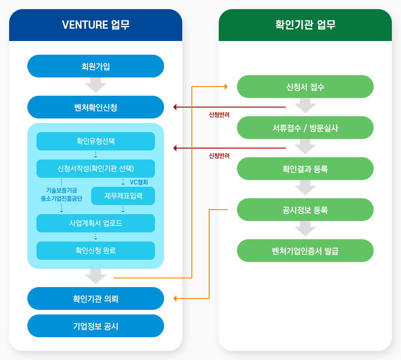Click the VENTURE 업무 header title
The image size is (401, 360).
96,25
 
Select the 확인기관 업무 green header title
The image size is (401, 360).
305,25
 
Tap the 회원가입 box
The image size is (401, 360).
96,66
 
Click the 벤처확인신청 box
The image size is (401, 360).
96,107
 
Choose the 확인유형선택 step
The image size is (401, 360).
96,141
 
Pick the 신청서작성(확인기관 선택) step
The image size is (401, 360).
96,169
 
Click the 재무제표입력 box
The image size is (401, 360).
123,196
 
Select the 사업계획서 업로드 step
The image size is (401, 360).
96,223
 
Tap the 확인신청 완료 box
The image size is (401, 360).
96,251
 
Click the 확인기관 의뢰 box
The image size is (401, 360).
96,298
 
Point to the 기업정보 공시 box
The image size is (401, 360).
96,326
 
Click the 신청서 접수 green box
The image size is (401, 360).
305,87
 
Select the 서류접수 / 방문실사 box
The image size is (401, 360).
305,128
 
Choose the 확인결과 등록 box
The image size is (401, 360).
305,169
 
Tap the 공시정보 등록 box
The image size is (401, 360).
305,210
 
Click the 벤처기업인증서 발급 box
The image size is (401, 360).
305,251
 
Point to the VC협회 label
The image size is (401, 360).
139,182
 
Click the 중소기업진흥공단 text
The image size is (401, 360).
61,198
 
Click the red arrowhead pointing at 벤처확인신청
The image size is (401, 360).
175,107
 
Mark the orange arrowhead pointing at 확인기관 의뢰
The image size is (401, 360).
175,298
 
